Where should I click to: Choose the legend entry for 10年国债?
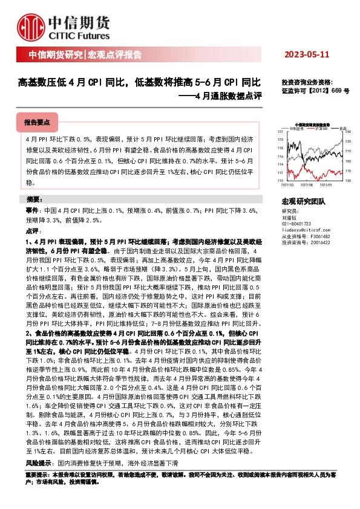pyautogui.click(x=296, y=128)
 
